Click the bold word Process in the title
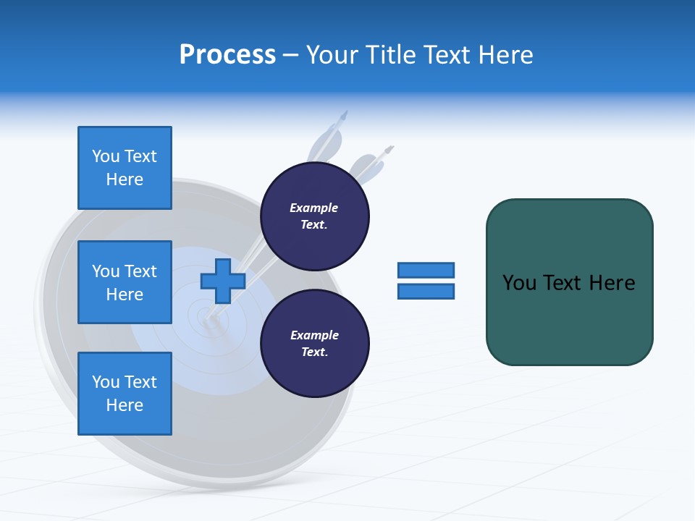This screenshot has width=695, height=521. pos(227,55)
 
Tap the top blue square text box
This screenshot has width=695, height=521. pos(125,168)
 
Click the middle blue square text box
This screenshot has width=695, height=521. pos(125,282)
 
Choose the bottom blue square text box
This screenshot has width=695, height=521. pos(125,394)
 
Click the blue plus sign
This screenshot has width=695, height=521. pos(223,281)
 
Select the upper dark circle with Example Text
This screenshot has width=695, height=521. pos(315,216)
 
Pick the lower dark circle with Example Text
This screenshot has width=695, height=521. pos(315,344)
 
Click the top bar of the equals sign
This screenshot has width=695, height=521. pos(426,271)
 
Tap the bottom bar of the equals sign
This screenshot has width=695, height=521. pos(426,292)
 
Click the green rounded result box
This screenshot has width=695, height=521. pos(569,282)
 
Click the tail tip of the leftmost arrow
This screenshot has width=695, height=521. pos(345,114)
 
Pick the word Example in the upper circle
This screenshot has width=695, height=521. pos(313,208)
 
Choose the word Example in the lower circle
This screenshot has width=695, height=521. pos(314,336)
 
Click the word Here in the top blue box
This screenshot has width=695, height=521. pos(125,179)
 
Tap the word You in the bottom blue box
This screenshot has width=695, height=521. pos(105,382)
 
